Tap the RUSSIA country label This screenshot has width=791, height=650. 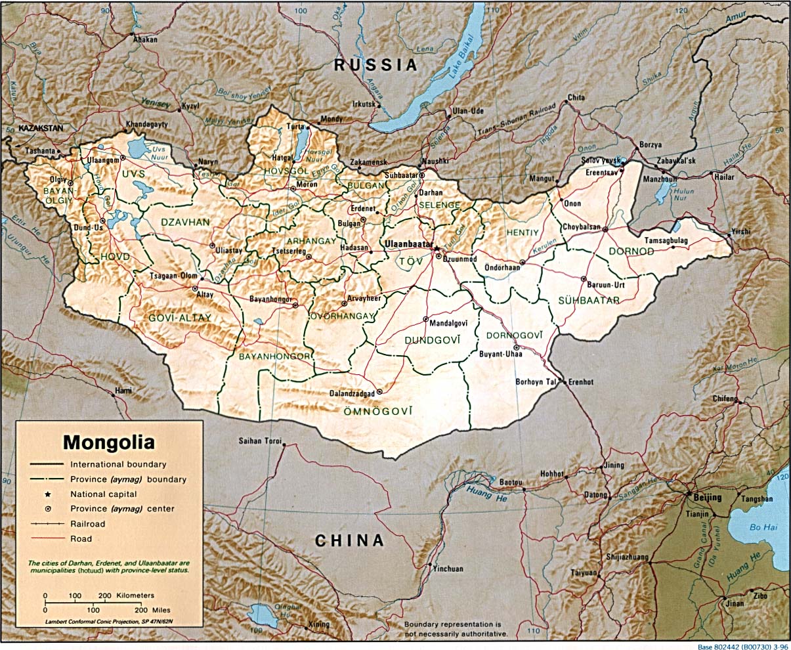pyautogui.click(x=375, y=64)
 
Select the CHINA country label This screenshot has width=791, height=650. pyautogui.click(x=349, y=540)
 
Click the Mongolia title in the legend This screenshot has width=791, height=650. pyautogui.click(x=109, y=441)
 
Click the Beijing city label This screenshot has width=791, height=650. pyautogui.click(x=707, y=497)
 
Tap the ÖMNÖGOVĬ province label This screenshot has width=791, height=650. pyautogui.click(x=377, y=411)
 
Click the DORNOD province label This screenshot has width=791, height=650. pyautogui.click(x=631, y=251)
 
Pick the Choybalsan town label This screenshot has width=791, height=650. pyautogui.click(x=582, y=227)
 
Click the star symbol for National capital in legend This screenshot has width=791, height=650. pyautogui.click(x=47, y=494)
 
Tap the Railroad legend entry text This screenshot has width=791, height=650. pyautogui.click(x=88, y=524)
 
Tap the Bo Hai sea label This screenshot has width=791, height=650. pyautogui.click(x=763, y=526)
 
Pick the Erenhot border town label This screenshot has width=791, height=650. pyautogui.click(x=580, y=381)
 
